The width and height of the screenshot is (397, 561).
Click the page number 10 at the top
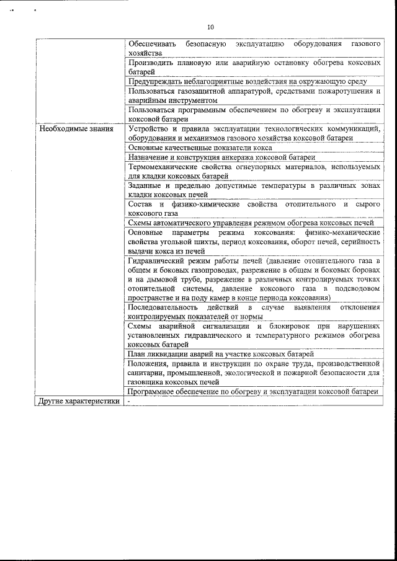click(x=210, y=27)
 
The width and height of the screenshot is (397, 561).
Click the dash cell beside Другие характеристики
click(x=129, y=401)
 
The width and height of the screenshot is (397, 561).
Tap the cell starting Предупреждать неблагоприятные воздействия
click(x=248, y=81)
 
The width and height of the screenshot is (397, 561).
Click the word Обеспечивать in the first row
click(x=152, y=44)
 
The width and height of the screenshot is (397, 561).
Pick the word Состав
click(x=140, y=204)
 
